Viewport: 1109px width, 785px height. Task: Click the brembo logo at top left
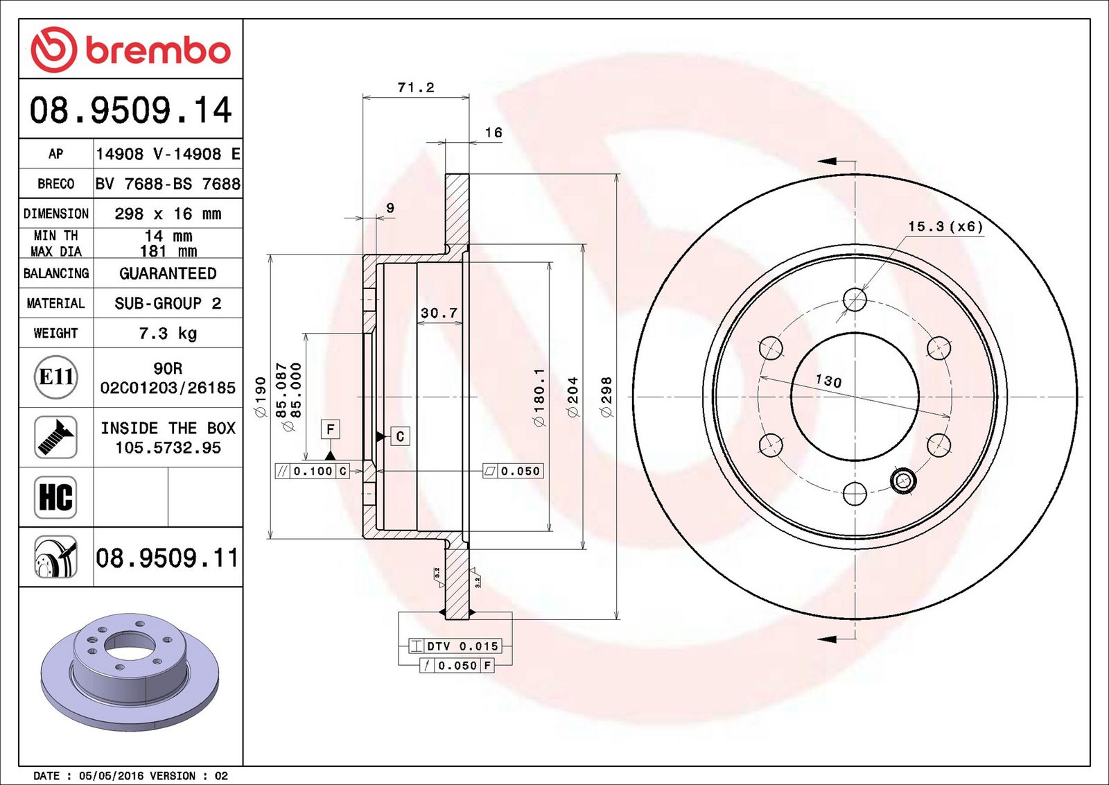pyautogui.click(x=131, y=49)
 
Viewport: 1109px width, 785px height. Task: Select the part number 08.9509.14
pyautogui.click(x=131, y=110)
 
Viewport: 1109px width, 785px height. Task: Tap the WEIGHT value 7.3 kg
pyautogui.click(x=168, y=334)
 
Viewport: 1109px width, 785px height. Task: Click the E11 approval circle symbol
pyautogui.click(x=56, y=377)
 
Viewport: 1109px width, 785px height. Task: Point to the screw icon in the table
pyautogui.click(x=56, y=438)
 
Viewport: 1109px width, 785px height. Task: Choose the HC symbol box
pyautogui.click(x=56, y=497)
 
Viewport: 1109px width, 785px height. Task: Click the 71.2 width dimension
pyautogui.click(x=416, y=87)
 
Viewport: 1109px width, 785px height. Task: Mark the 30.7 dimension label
pyautogui.click(x=439, y=313)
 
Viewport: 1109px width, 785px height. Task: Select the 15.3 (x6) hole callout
pyautogui.click(x=945, y=226)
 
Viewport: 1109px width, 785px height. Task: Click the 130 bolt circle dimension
pyautogui.click(x=828, y=381)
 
